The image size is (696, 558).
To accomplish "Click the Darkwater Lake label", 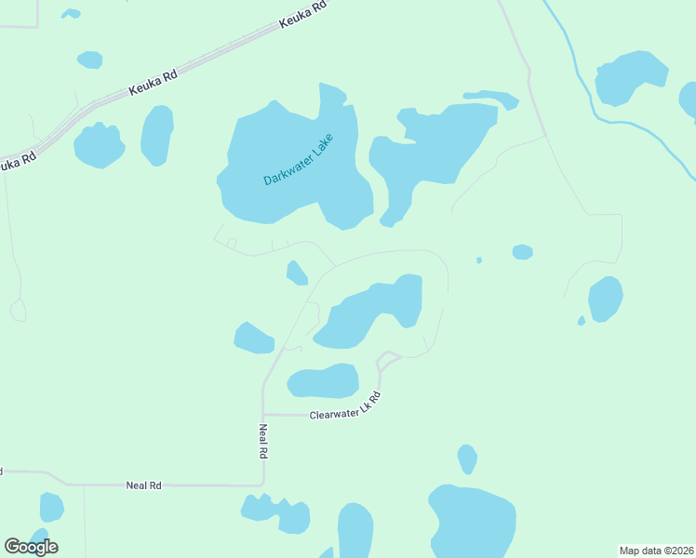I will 298,160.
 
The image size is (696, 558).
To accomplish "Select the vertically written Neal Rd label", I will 263,441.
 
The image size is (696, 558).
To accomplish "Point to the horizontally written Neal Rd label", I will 144,485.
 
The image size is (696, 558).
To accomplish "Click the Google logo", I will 31,547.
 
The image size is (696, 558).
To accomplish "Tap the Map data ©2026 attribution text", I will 657,551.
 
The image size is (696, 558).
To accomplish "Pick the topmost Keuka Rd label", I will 304,17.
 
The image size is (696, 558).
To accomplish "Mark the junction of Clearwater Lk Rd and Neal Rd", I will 263,414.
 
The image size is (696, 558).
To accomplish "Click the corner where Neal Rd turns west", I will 263,485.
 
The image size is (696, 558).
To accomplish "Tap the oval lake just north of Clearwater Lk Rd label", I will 323,380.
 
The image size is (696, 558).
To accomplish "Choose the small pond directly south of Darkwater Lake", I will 297,272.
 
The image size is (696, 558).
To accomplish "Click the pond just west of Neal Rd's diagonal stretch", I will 252,338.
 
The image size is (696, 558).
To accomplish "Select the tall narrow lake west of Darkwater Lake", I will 157,134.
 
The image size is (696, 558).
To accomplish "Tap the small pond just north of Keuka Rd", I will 90,60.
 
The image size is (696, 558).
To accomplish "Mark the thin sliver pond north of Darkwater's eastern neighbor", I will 491,97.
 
